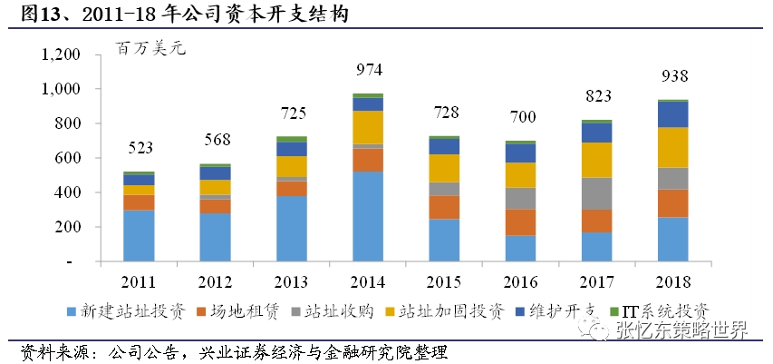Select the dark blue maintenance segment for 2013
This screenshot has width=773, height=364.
click(x=292, y=148)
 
